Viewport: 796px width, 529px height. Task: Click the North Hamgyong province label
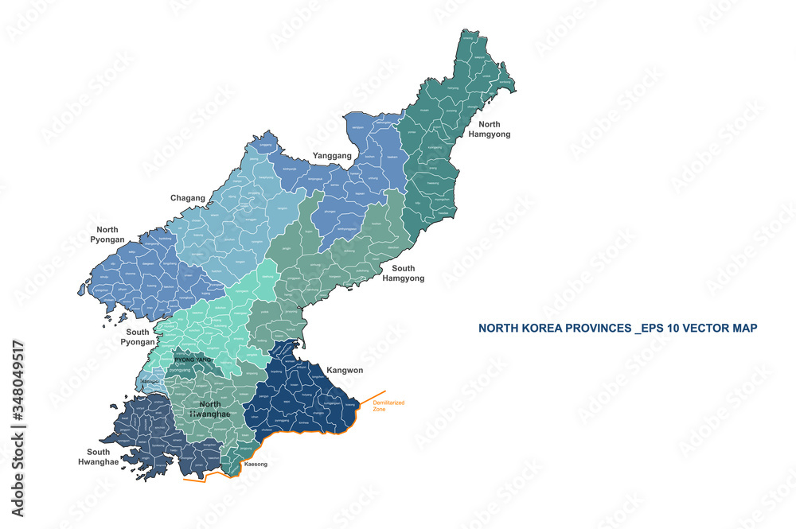(x=494, y=129)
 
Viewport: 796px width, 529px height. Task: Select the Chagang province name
(x=188, y=198)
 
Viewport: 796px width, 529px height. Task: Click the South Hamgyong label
(x=403, y=274)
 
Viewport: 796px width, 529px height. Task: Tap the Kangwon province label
(x=345, y=370)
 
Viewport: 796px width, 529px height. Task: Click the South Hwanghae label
(x=98, y=457)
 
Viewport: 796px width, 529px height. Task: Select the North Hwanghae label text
(x=210, y=409)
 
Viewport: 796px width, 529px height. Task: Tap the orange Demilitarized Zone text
(x=384, y=406)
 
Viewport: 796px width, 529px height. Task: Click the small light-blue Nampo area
(x=150, y=381)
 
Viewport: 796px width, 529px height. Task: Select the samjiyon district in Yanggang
(x=358, y=127)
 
